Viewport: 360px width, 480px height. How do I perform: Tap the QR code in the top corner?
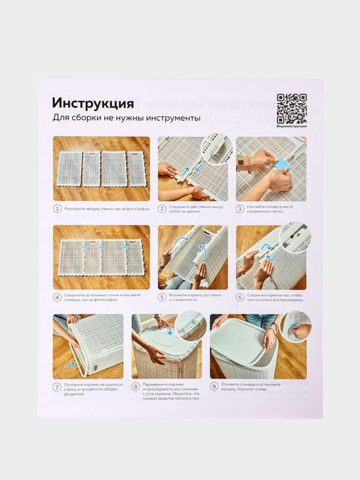click(x=291, y=108)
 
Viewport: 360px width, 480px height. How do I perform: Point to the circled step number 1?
click(x=58, y=209)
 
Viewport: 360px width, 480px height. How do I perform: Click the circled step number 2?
click(x=162, y=209)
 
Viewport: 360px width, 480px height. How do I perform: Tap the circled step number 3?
click(x=240, y=209)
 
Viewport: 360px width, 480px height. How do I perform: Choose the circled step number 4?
click(x=58, y=298)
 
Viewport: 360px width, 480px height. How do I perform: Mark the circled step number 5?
click(x=162, y=298)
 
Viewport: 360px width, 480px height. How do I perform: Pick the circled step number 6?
click(x=240, y=298)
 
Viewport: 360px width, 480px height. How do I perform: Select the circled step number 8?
click(x=136, y=386)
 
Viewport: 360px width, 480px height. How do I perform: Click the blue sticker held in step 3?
click(x=282, y=163)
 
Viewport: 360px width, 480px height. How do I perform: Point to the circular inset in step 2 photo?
click(x=215, y=150)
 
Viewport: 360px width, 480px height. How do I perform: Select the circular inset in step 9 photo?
click(x=295, y=327)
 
